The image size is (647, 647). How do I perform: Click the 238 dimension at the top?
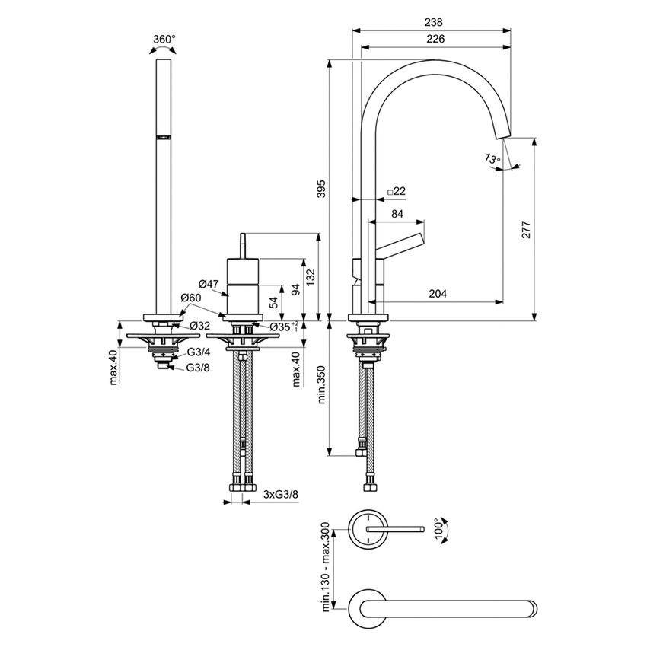coord(432,23)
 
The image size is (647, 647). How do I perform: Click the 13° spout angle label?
coord(492,159)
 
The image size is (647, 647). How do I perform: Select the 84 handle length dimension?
coord(397,215)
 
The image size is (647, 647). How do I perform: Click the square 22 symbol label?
coord(396,191)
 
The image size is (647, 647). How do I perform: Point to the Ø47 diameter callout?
coord(209,283)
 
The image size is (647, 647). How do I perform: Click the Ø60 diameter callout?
coord(191,298)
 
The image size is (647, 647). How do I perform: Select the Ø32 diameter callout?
coord(199,326)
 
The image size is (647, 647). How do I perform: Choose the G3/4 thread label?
coord(199,352)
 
